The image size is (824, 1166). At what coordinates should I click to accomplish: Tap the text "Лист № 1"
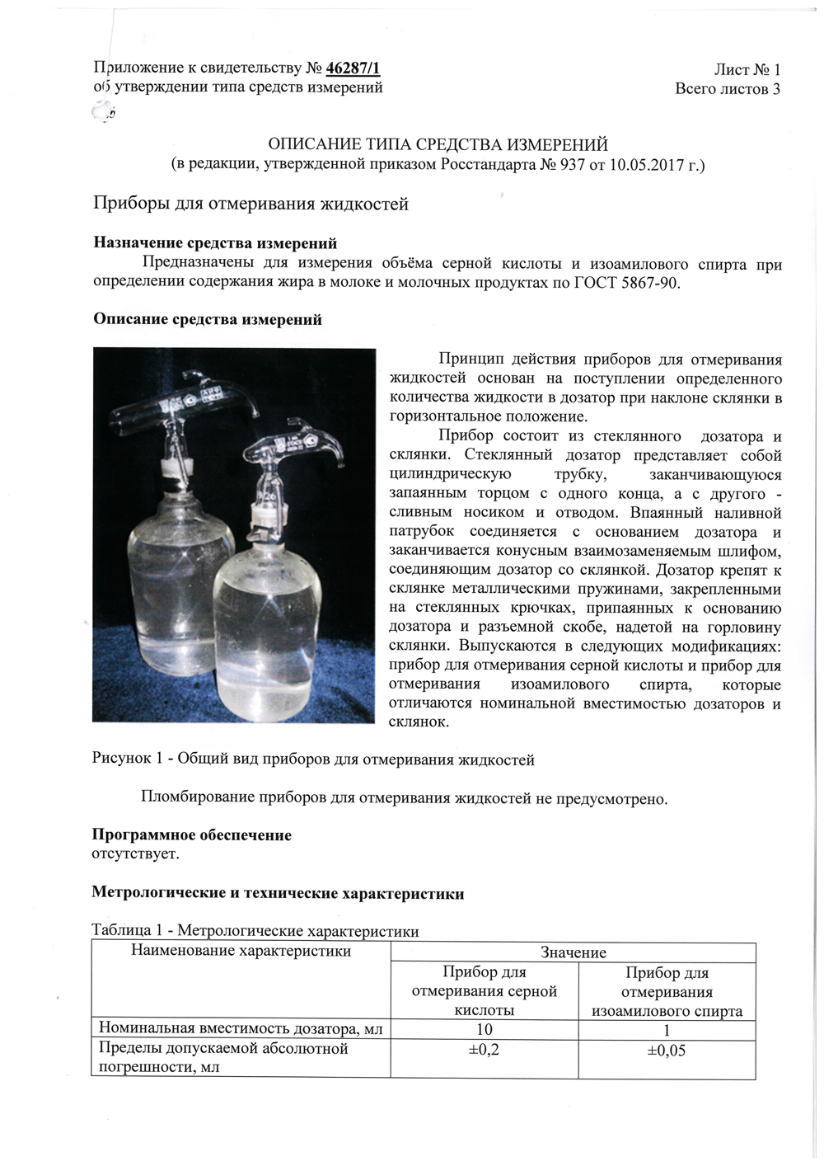(747, 70)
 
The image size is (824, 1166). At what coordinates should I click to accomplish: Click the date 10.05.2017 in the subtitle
(646, 165)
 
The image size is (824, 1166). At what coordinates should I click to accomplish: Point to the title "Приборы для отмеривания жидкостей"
(250, 204)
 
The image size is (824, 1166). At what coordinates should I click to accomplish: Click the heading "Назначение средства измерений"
(215, 243)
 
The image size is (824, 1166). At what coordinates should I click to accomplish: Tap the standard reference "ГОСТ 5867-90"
(628, 283)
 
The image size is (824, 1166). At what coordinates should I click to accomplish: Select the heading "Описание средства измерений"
(208, 319)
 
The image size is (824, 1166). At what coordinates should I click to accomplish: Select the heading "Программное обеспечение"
(191, 835)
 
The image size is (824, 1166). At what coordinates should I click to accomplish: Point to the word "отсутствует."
(135, 853)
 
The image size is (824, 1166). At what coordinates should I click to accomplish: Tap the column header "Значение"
(573, 952)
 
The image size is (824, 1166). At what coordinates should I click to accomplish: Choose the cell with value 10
(484, 1029)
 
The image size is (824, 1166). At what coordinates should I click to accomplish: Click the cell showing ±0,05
(666, 1051)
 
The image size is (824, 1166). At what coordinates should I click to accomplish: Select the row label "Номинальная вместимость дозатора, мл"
(241, 1028)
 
